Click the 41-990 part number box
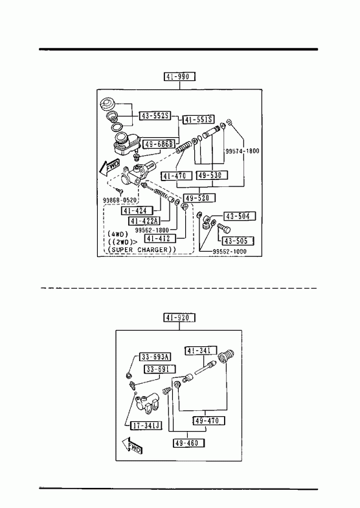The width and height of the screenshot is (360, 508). pyautogui.click(x=179, y=77)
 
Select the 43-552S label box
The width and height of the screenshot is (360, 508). pyautogui.click(x=155, y=116)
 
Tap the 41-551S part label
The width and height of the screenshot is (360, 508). pyautogui.click(x=199, y=120)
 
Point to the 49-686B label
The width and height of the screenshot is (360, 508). pyautogui.click(x=159, y=144)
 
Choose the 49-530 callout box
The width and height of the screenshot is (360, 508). pyautogui.click(x=212, y=175)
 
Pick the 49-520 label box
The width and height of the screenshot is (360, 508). pyautogui.click(x=199, y=197)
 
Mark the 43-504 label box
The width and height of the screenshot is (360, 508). pyautogui.click(x=240, y=216)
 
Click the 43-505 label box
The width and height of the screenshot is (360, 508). pyautogui.click(x=238, y=241)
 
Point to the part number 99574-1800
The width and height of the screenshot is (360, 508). pyautogui.click(x=242, y=151)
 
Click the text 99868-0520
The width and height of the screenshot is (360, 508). pyautogui.click(x=120, y=200)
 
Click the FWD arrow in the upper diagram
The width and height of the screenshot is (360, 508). pyautogui.click(x=109, y=166)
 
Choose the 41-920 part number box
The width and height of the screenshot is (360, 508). pyautogui.click(x=179, y=318)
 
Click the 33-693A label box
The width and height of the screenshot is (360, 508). pyautogui.click(x=155, y=357)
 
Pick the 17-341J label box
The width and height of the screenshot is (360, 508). pyautogui.click(x=146, y=425)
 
